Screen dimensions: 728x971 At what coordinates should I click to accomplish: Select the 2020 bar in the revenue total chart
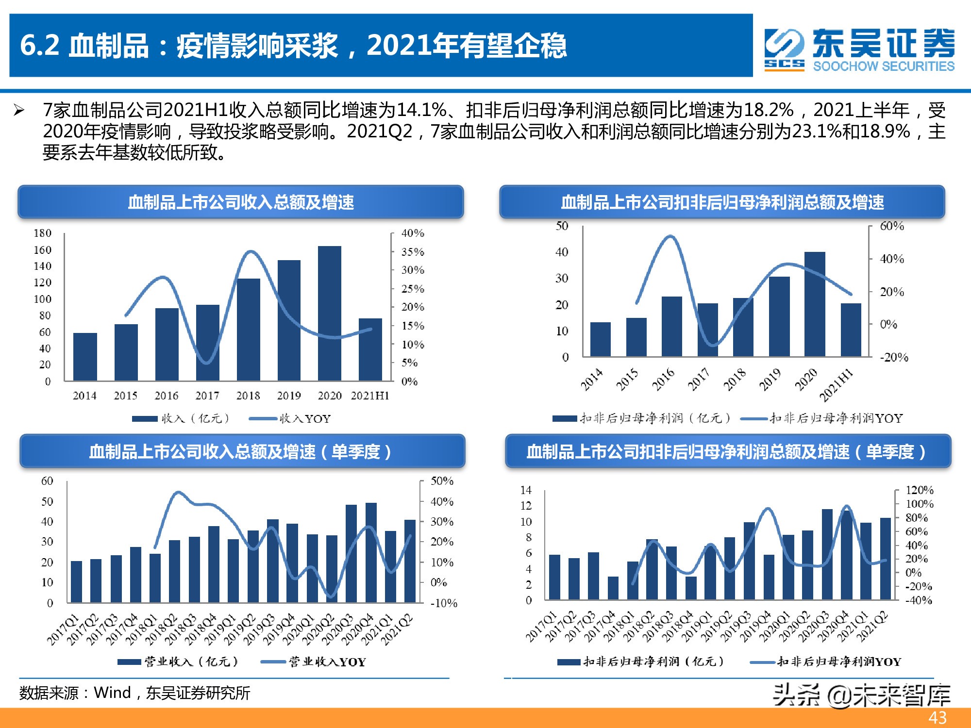pyautogui.click(x=330, y=313)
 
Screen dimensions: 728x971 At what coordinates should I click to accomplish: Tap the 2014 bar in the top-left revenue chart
pyautogui.click(x=85, y=357)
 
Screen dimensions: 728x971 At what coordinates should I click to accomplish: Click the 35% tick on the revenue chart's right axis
pyautogui.click(x=413, y=252)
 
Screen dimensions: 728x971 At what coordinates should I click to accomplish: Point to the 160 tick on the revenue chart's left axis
pyautogui.click(x=42, y=250)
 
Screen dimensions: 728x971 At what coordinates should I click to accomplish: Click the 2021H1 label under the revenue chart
pyautogui.click(x=370, y=396)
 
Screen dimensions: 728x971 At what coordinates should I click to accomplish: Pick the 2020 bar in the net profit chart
pyautogui.click(x=815, y=304)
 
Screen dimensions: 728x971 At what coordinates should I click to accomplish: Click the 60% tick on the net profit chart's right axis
pyautogui.click(x=892, y=226)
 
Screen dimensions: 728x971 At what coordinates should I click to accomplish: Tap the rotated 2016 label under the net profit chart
pyautogui.click(x=663, y=380)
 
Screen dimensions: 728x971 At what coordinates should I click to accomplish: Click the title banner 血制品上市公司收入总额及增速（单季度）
pyautogui.click(x=241, y=452)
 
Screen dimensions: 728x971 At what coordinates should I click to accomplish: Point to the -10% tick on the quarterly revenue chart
pyautogui.click(x=444, y=603)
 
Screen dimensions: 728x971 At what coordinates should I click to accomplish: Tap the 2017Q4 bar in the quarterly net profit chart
pyautogui.click(x=613, y=588)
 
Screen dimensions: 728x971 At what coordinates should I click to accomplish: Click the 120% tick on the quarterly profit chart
pyautogui.click(x=919, y=490)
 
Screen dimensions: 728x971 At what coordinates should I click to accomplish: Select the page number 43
pyautogui.click(x=937, y=718)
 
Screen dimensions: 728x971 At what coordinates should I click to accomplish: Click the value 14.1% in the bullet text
pyautogui.click(x=421, y=110)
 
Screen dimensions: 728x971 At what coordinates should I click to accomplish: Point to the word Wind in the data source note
pyautogui.click(x=112, y=693)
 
